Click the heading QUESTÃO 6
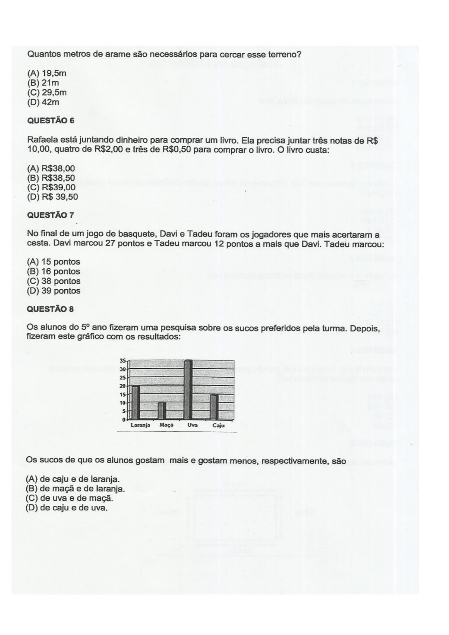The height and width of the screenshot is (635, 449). tap(51, 121)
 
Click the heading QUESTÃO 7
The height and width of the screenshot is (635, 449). tap(51, 215)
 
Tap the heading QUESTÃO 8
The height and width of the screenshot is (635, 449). tap(51, 309)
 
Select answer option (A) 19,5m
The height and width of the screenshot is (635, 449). tap(47, 73)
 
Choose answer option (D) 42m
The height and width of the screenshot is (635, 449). tap(43, 102)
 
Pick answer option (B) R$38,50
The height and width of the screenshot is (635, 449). tap(51, 178)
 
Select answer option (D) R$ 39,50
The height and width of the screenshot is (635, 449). tap(52, 197)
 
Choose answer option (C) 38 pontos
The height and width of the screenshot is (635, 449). tap(54, 281)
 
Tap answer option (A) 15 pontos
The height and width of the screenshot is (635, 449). tap(54, 262)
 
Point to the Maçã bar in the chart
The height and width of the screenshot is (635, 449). tap(162, 411)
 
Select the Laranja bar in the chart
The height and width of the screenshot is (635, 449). tap(136, 402)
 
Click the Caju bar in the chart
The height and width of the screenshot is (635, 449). tap(215, 406)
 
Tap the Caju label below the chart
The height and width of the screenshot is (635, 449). tap(218, 426)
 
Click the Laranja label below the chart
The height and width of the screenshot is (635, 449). tap(140, 425)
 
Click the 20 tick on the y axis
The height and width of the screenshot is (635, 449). tap(123, 386)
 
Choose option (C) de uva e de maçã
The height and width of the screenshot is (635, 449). tap(69, 498)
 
